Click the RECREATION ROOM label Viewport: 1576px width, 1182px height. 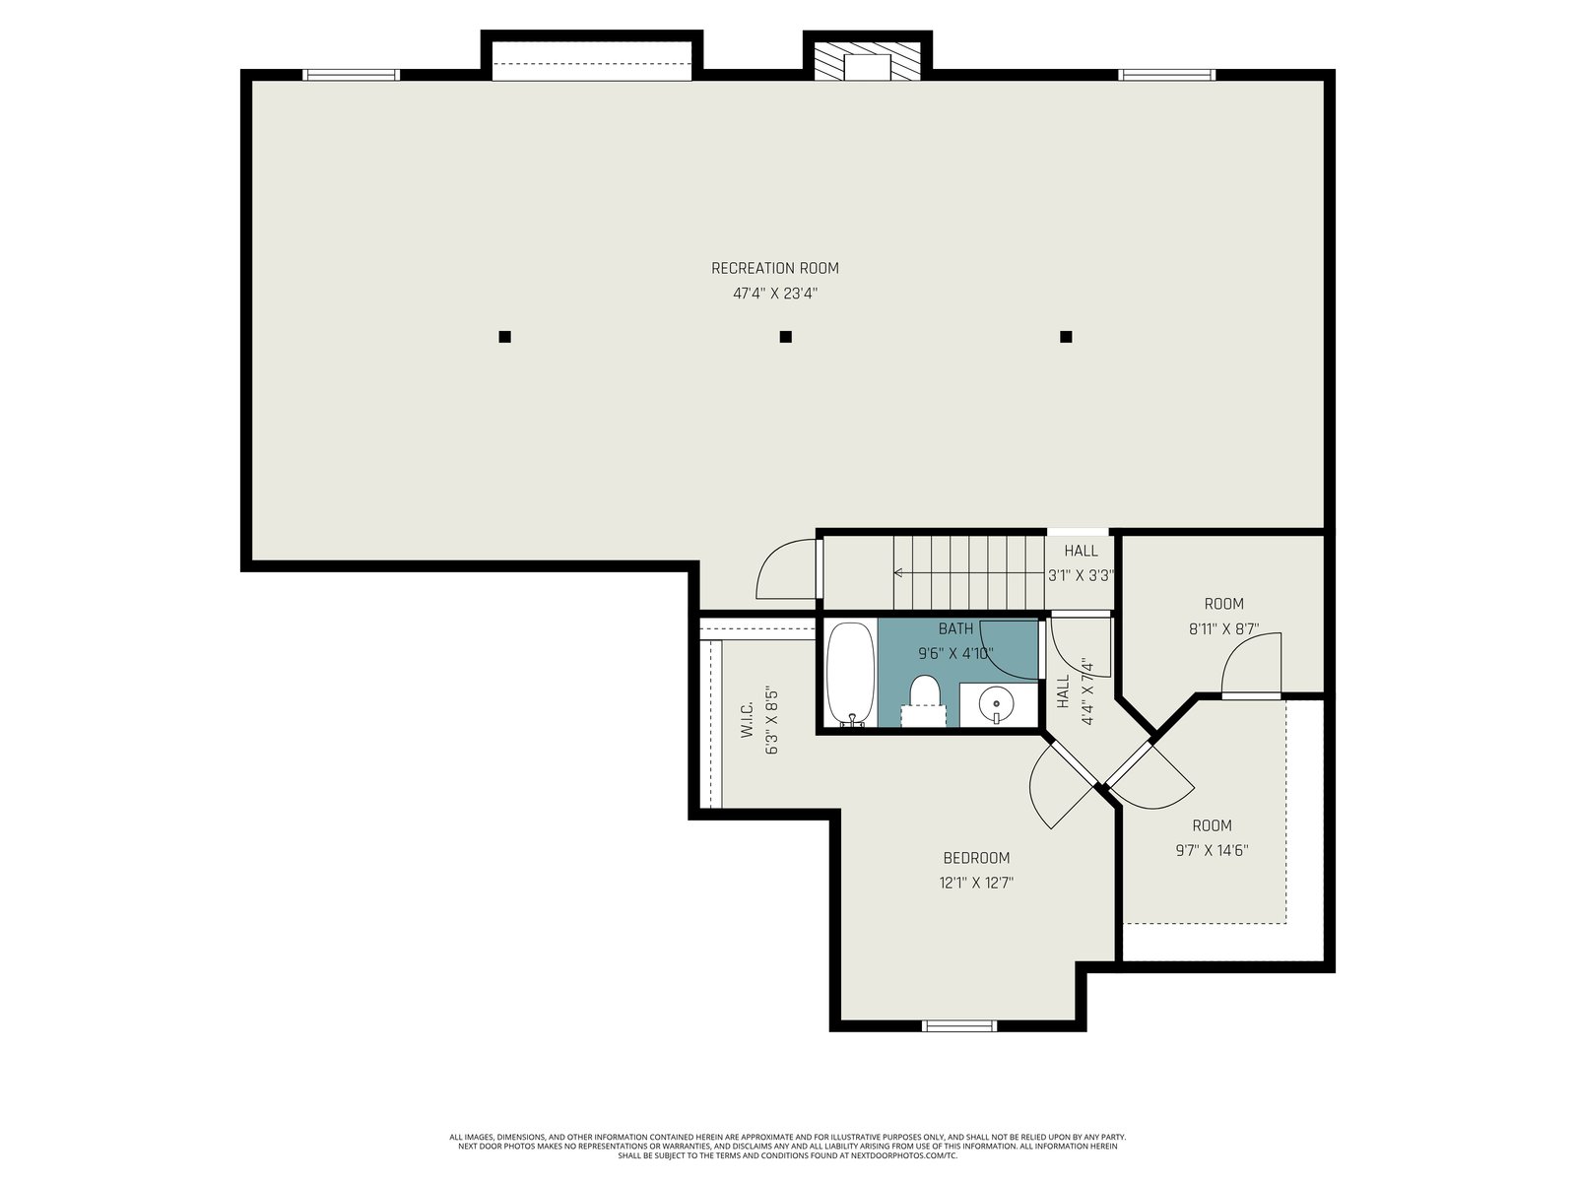[x=775, y=268]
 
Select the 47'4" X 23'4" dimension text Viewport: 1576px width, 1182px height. [x=775, y=294]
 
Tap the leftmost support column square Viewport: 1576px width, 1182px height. [x=504, y=337]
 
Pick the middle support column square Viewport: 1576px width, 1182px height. [x=785, y=337]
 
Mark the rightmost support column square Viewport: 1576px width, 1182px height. [x=1066, y=337]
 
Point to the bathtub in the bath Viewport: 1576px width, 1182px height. [x=851, y=674]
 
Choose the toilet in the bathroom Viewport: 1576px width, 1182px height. [x=925, y=700]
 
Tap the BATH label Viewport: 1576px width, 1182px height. [x=955, y=628]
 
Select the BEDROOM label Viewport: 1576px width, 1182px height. [x=976, y=858]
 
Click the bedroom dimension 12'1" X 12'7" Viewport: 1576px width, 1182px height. [x=976, y=883]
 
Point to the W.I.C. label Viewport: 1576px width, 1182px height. [x=746, y=720]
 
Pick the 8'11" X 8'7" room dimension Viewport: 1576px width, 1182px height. [x=1223, y=629]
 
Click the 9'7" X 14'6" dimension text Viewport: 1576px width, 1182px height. [x=1212, y=850]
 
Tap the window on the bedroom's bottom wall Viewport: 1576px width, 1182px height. [x=959, y=1025]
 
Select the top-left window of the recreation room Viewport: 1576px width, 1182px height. [x=351, y=75]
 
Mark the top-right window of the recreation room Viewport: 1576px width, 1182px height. [x=1167, y=75]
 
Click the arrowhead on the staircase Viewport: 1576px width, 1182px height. [x=898, y=572]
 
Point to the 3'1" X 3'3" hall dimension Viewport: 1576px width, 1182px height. [x=1081, y=575]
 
